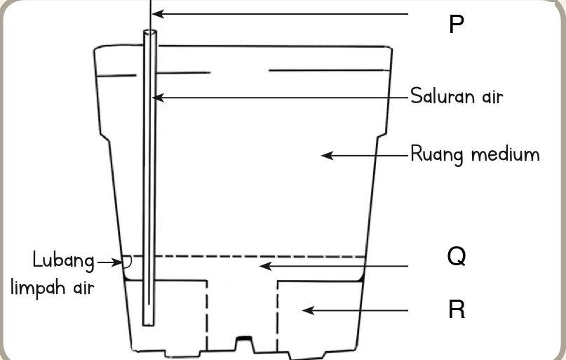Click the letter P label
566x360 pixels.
click(457, 24)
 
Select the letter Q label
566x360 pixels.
click(457, 257)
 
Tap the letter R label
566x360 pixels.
click(457, 309)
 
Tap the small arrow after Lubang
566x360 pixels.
click(110, 262)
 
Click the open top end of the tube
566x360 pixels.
click(150, 32)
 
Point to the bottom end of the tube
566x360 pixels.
click(149, 324)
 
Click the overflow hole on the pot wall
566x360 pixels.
click(127, 262)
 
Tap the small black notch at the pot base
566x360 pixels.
click(244, 338)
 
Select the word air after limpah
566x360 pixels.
click(83, 288)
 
